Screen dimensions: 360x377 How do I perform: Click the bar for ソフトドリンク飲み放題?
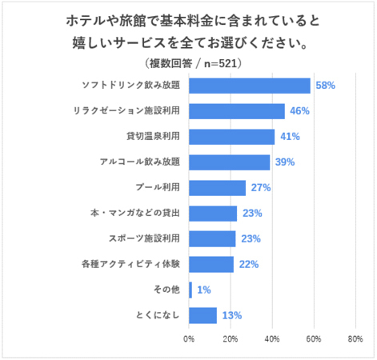click(x=250, y=86)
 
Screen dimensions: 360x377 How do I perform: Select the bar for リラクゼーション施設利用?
click(x=237, y=111)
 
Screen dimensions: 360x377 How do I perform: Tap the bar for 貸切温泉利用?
click(x=231, y=137)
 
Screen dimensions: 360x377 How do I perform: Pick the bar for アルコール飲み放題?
click(x=230, y=162)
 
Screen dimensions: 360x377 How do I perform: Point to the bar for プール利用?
click(x=217, y=188)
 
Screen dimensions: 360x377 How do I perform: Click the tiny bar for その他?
click(x=191, y=290)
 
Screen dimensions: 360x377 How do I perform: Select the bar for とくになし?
click(x=203, y=316)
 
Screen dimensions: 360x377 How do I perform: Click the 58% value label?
click(x=325, y=86)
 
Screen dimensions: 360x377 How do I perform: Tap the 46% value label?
click(x=299, y=111)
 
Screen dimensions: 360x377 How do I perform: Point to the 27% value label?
click(x=260, y=188)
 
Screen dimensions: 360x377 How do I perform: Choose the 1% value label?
click(x=203, y=290)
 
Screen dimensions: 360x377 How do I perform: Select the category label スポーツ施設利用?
click(x=144, y=239)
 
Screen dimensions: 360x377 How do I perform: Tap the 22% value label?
click(x=248, y=265)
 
